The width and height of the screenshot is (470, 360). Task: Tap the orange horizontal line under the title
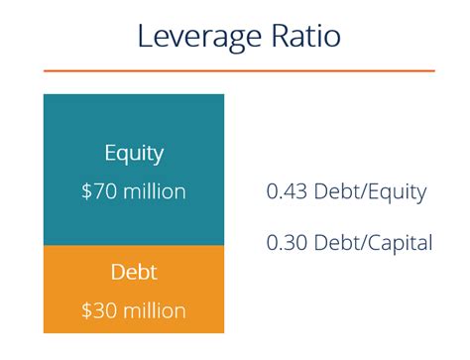(x=238, y=70)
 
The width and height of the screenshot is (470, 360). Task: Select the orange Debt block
(x=134, y=289)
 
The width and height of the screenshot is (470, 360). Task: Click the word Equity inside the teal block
(x=134, y=154)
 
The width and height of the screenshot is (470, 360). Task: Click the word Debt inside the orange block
(x=134, y=272)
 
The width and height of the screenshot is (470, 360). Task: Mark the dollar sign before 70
(x=86, y=191)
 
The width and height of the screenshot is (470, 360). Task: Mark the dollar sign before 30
(x=86, y=310)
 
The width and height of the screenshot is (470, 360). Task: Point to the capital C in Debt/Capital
(x=371, y=242)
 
